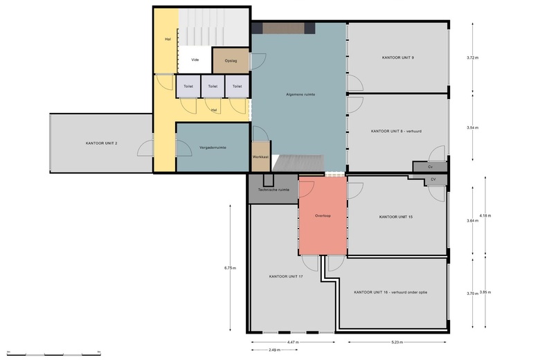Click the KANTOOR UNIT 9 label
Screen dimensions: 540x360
click(398, 57)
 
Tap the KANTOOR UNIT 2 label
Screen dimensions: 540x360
click(101, 143)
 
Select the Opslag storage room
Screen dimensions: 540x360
click(231, 61)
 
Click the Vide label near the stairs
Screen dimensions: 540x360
click(195, 60)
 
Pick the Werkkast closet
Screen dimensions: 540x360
click(261, 156)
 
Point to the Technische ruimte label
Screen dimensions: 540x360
click(273, 190)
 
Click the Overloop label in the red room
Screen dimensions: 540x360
click(323, 216)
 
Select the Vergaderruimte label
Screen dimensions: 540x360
click(213, 147)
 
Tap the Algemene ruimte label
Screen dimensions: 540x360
click(300, 94)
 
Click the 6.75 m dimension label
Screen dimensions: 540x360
click(230, 268)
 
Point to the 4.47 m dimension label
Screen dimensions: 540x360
click(293, 342)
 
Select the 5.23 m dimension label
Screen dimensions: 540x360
click(397, 342)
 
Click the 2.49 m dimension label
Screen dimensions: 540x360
click(274, 350)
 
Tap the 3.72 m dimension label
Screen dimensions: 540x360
click(472, 57)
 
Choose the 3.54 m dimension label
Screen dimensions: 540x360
click(472, 127)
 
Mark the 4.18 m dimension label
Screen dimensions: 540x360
click(485, 216)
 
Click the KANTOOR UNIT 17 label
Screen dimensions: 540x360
click(286, 276)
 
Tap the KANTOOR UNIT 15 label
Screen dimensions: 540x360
click(396, 217)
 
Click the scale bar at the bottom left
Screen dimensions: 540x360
click(54, 354)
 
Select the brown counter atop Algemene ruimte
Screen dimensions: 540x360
click(283, 28)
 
